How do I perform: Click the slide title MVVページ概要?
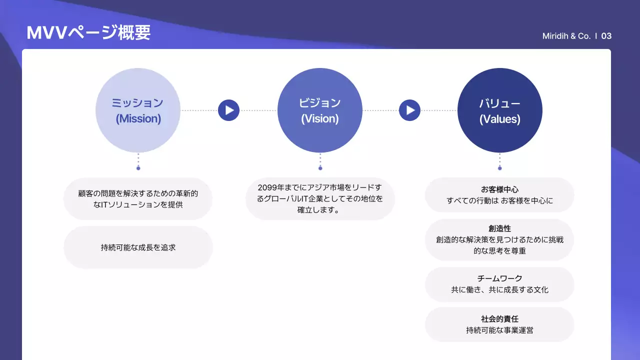pos(88,33)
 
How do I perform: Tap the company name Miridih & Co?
pos(566,36)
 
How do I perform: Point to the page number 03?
pos(606,36)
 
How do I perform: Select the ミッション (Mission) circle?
pos(137,110)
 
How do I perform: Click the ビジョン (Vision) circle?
pos(319,110)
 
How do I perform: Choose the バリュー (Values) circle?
pos(499,110)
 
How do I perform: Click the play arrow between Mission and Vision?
pos(228,110)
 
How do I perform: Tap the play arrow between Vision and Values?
pos(409,110)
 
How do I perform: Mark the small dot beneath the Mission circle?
pos(138,168)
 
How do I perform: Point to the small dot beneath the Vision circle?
pos(320,168)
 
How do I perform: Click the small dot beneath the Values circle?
pos(499,168)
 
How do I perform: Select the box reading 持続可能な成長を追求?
pos(138,247)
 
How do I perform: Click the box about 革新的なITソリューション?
pos(138,198)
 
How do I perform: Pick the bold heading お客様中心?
pos(499,189)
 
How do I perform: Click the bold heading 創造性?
pos(499,228)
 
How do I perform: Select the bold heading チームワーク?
pos(499,278)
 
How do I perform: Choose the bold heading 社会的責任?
pos(499,319)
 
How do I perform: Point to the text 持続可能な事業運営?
pos(499,330)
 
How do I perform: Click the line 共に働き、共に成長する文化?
pos(499,289)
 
